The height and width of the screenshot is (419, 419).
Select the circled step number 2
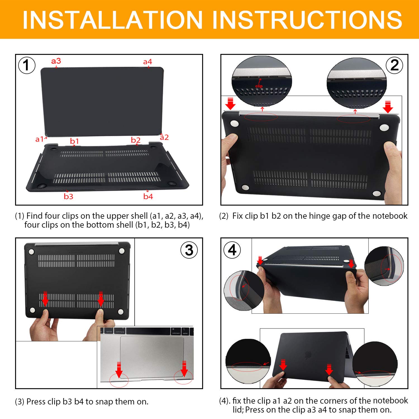394,65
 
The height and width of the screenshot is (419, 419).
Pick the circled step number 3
189,250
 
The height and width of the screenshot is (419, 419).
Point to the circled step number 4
232,250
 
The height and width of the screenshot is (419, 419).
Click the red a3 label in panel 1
56,61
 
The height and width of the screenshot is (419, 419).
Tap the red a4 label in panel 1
147,62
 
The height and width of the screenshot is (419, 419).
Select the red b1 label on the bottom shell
74,141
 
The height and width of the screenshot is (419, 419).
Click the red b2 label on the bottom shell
136,140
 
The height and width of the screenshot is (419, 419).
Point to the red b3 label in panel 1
68,197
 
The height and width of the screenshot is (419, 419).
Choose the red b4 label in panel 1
148,197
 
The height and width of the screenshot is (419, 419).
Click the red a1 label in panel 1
40,139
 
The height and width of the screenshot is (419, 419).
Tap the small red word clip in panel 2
259,86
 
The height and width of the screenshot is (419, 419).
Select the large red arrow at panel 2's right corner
388,107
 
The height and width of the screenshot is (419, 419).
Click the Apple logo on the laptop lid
308,355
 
